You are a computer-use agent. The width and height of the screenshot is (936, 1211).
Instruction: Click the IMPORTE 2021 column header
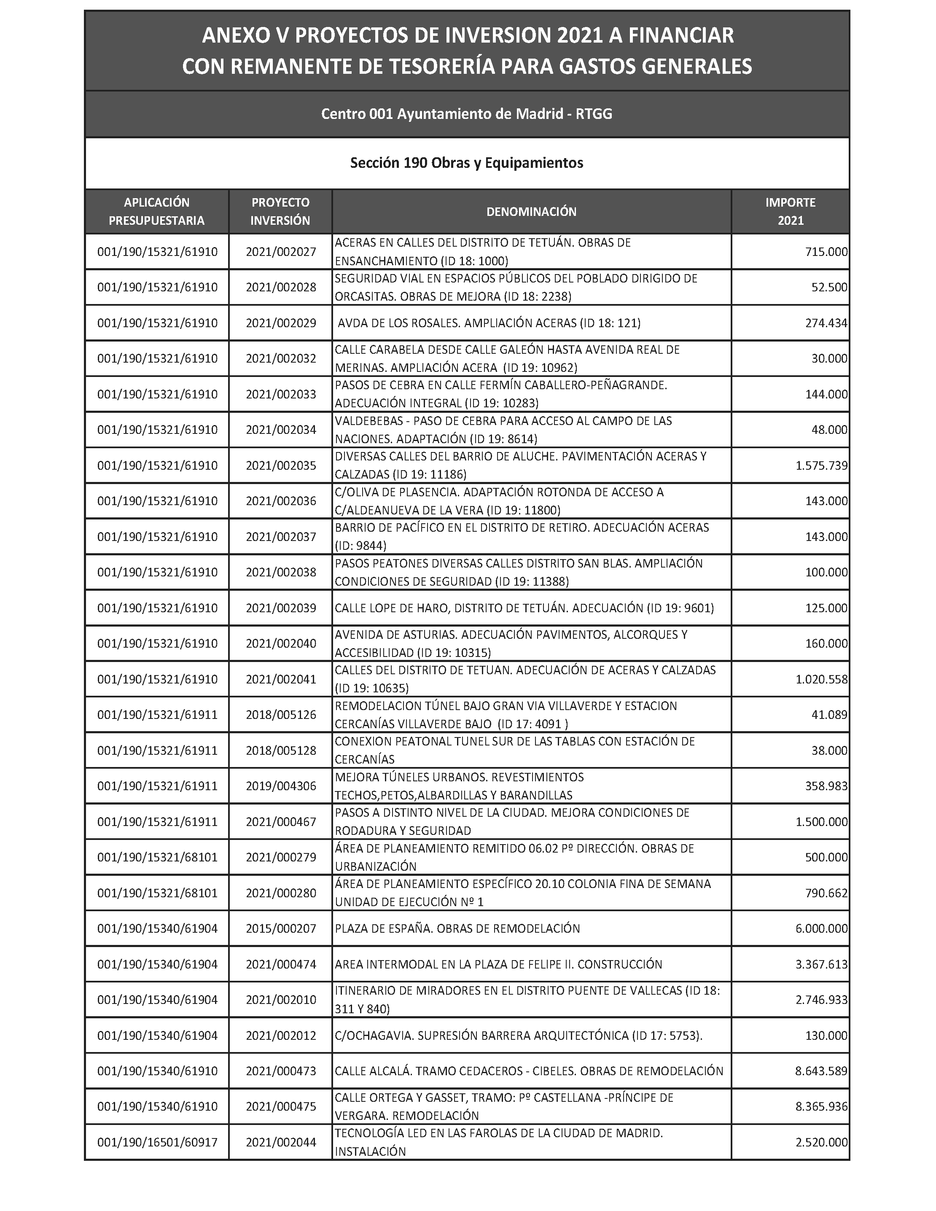coord(790,211)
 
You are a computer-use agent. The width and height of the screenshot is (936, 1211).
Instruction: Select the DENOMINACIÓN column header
coord(531,211)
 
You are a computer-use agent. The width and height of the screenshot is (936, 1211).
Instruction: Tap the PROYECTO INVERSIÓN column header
coord(280,211)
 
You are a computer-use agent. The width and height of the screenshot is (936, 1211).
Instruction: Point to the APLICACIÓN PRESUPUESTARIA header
coord(156,211)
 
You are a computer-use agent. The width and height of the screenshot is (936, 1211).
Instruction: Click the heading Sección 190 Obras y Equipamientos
coord(466,163)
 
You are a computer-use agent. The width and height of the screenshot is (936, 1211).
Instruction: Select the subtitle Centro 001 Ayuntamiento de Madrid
coord(466,114)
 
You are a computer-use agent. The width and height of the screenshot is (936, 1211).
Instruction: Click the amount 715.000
coord(826,252)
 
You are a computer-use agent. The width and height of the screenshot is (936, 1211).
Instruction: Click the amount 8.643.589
coord(821,1071)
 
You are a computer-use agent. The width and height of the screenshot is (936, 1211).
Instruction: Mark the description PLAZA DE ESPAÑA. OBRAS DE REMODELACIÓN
coord(457,928)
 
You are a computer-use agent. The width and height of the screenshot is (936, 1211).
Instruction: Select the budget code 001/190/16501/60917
coord(158,1142)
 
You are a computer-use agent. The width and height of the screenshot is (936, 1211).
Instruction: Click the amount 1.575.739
coord(821,465)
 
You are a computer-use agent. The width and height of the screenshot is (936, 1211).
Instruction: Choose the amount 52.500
coord(829,287)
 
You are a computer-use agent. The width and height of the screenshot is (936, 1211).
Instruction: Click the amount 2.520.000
coord(821,1142)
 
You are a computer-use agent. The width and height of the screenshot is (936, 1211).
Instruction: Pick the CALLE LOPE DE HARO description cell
coord(524,608)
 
